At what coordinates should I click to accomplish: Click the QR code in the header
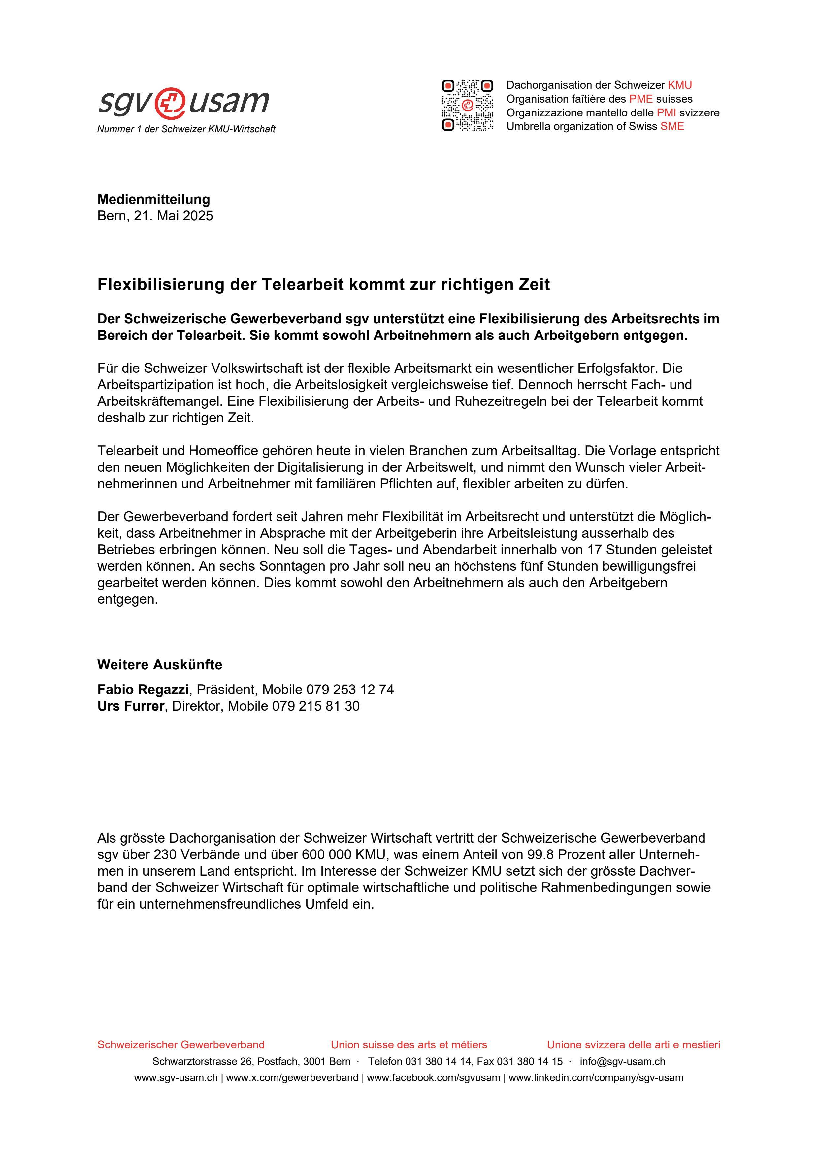coord(468,105)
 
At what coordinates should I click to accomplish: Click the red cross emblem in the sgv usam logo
coord(169,102)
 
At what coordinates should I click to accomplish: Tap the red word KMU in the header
coord(680,85)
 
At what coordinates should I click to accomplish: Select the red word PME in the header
coord(641,99)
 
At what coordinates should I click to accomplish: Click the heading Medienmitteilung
coord(154,199)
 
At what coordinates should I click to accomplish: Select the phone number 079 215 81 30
coord(316,706)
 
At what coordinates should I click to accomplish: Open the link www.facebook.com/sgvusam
coord(433,1078)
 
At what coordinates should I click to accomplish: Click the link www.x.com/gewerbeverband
coord(292,1078)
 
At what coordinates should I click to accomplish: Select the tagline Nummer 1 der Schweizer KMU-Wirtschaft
coord(186,129)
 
